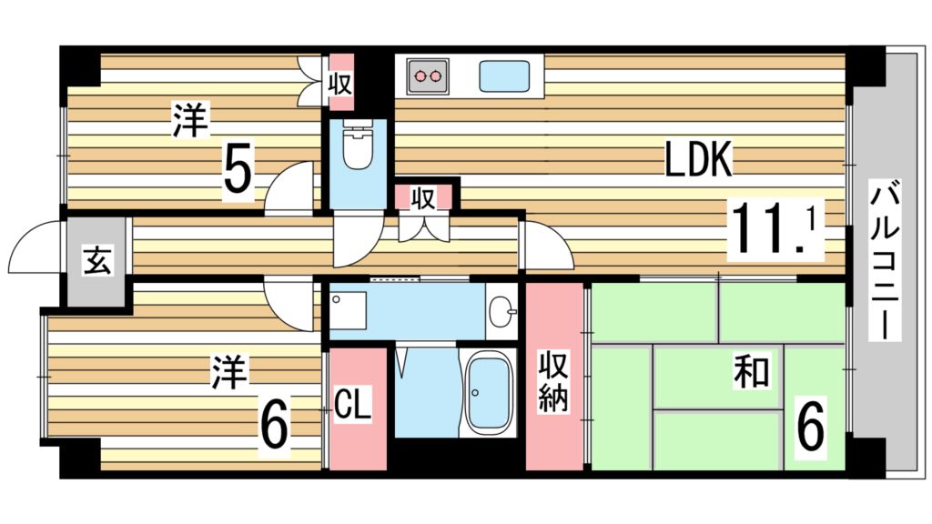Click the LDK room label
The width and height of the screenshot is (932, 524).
pyautogui.click(x=698, y=161)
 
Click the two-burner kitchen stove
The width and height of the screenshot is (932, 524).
pyautogui.click(x=428, y=76)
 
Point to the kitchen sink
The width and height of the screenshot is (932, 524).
pyautogui.click(x=508, y=76)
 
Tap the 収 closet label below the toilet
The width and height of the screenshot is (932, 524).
pyautogui.click(x=422, y=197)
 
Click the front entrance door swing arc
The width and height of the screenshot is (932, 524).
pyautogui.click(x=35, y=246)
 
